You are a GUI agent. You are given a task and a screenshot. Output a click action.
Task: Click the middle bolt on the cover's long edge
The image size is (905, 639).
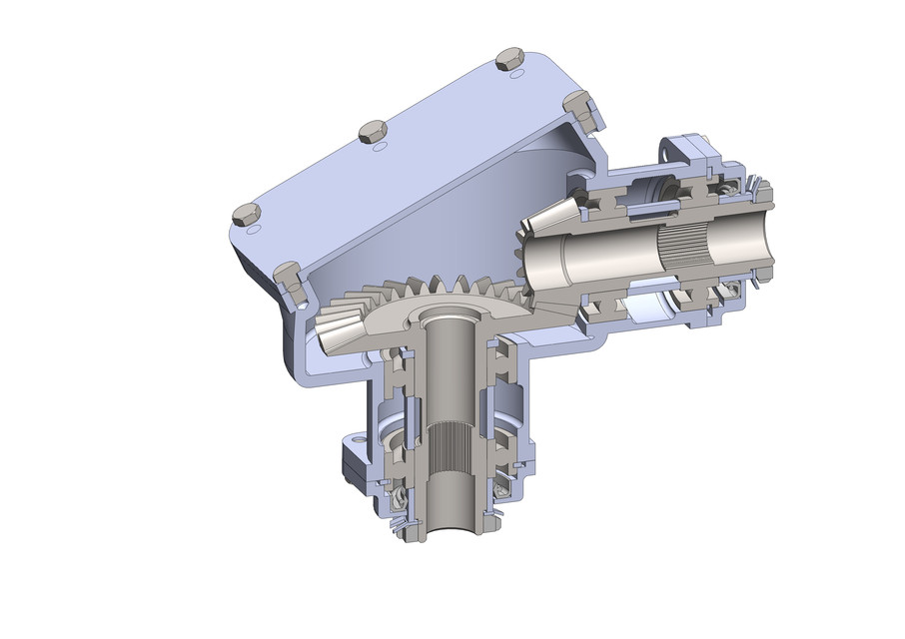tap(372, 130)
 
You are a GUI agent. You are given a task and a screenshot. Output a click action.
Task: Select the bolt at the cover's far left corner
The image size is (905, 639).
tap(245, 213)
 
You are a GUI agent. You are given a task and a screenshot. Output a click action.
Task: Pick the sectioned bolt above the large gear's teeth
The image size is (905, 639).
tap(289, 278)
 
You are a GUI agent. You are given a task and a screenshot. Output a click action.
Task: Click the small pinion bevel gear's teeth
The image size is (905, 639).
tap(540, 226)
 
